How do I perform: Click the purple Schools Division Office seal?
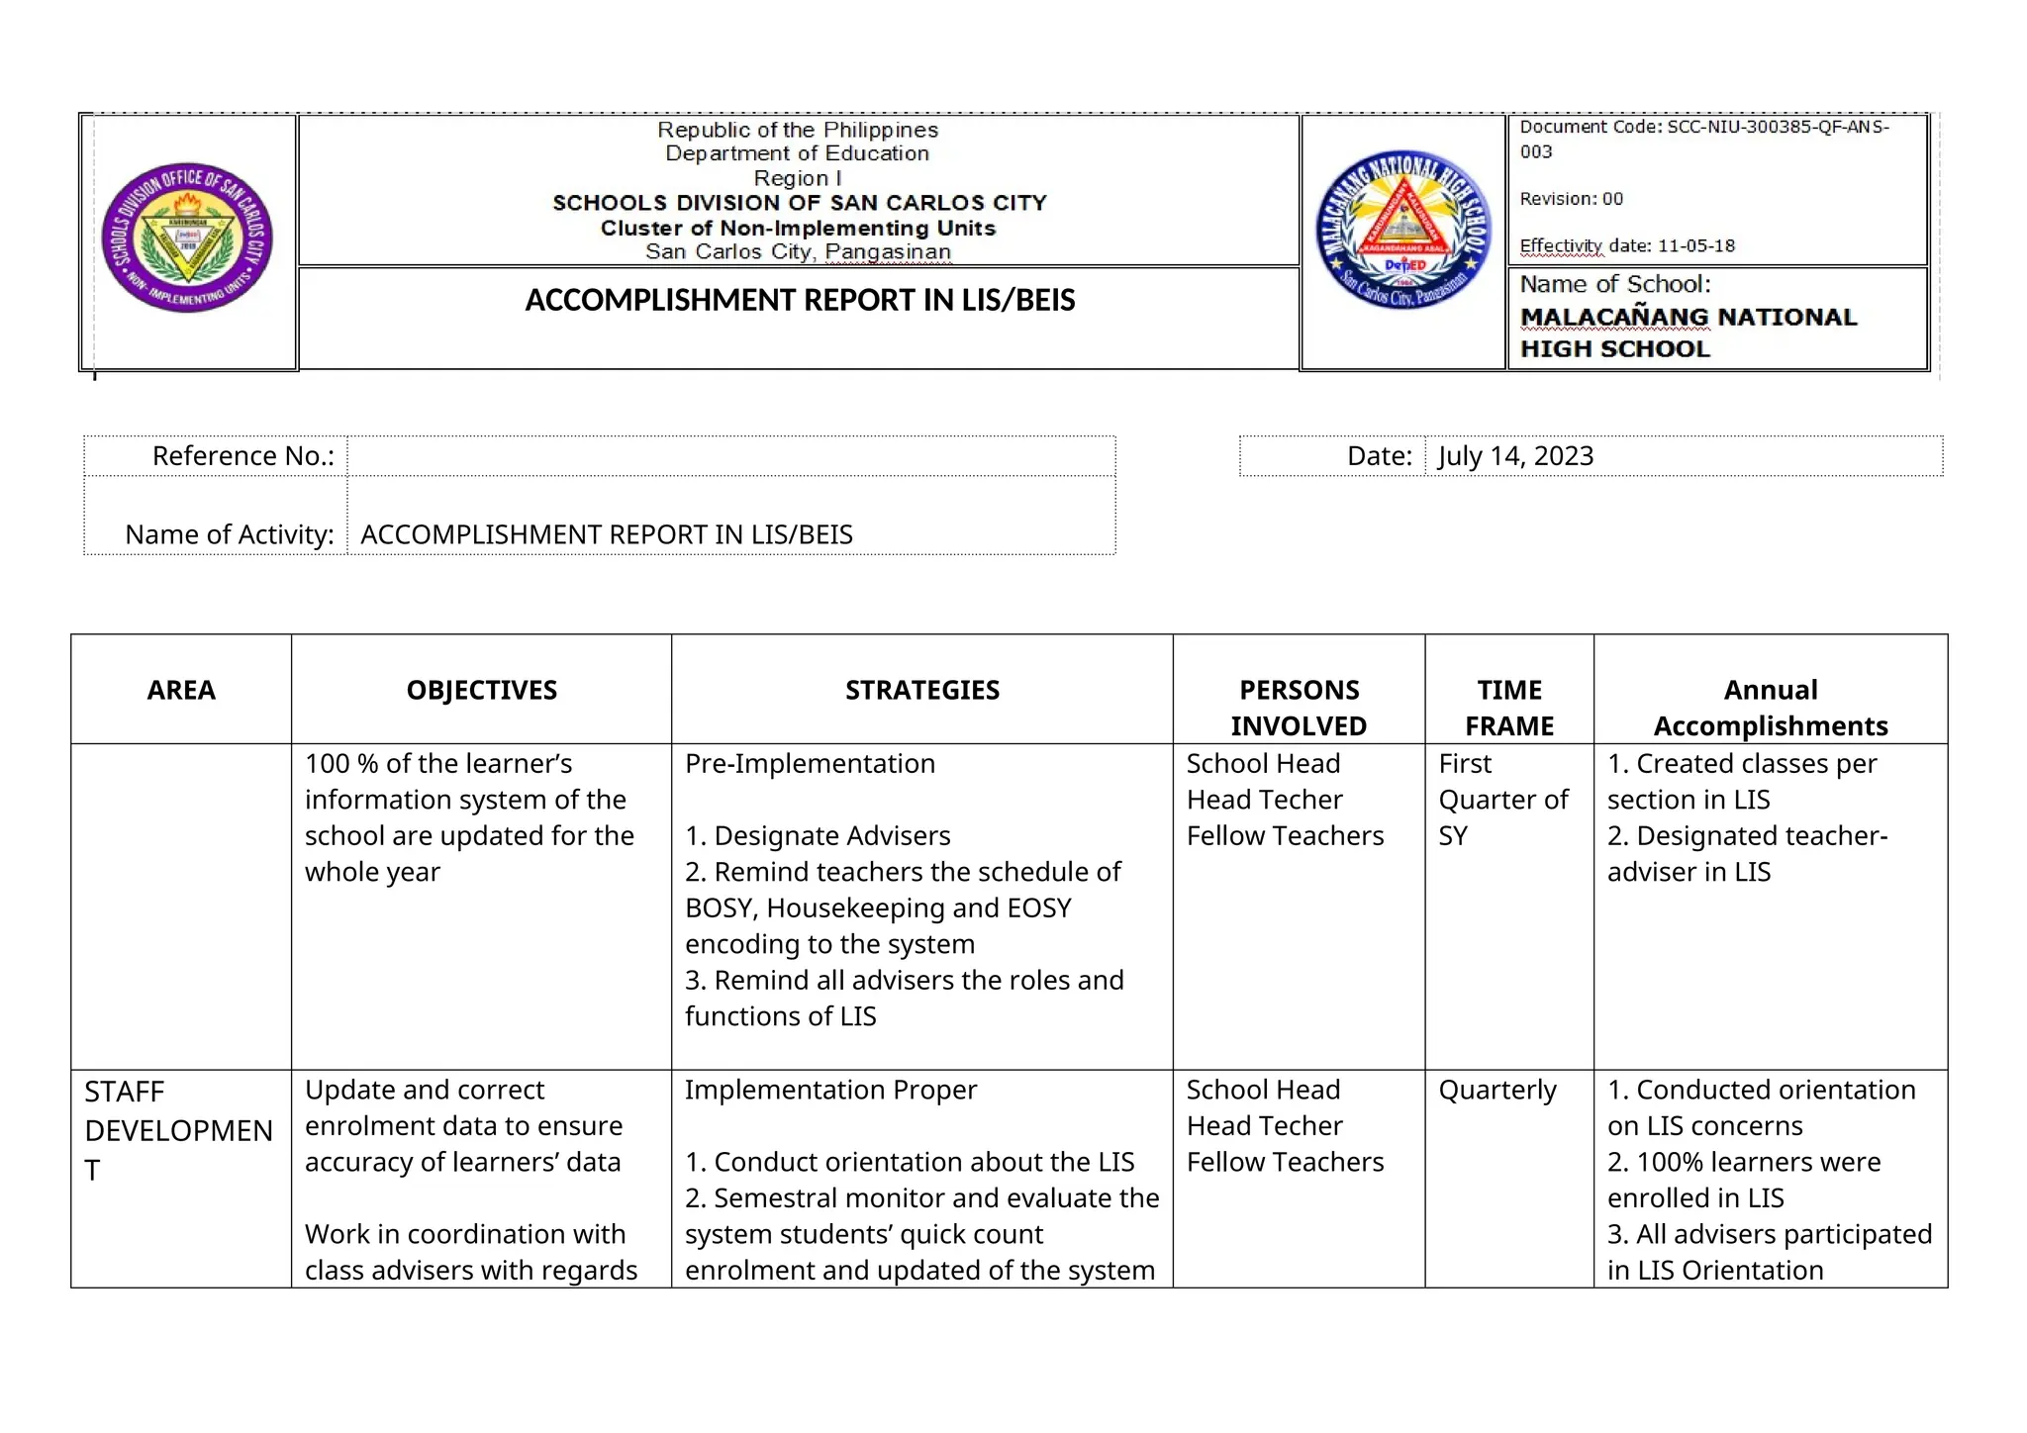[187, 238]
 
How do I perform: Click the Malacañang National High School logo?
[1402, 231]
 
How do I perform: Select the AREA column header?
[181, 690]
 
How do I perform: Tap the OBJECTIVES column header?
[481, 690]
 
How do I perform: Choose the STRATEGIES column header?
[921, 690]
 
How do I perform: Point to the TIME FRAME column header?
[1508, 708]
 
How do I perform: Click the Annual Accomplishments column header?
[1770, 708]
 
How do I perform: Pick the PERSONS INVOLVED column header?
[1299, 708]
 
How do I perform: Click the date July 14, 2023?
[1515, 456]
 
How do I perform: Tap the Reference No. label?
[242, 456]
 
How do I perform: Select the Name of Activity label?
[229, 534]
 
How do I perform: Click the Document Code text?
[1703, 128]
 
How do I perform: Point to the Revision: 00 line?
[1571, 199]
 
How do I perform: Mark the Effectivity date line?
[1626, 245]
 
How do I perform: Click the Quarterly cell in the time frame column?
[1496, 1090]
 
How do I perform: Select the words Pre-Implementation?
[810, 764]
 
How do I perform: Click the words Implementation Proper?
[830, 1090]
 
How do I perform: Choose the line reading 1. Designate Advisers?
[818, 836]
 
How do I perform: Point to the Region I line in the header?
[797, 178]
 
